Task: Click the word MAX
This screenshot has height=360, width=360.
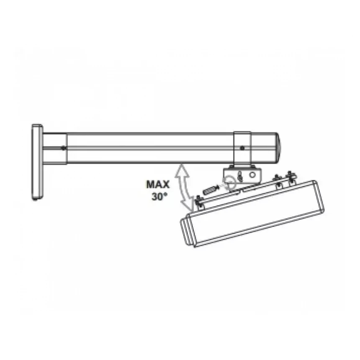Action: [x=158, y=184]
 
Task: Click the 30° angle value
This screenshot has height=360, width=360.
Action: [x=159, y=196]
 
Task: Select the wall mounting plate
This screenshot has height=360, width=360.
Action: [x=37, y=162]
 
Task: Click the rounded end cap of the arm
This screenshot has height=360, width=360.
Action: [x=278, y=148]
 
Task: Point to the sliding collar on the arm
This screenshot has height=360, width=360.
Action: [x=242, y=148]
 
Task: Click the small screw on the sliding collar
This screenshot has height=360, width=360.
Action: [x=242, y=148]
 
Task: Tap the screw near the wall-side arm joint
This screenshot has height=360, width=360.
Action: [x=63, y=148]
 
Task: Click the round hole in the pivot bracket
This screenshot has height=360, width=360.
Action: [x=252, y=175]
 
